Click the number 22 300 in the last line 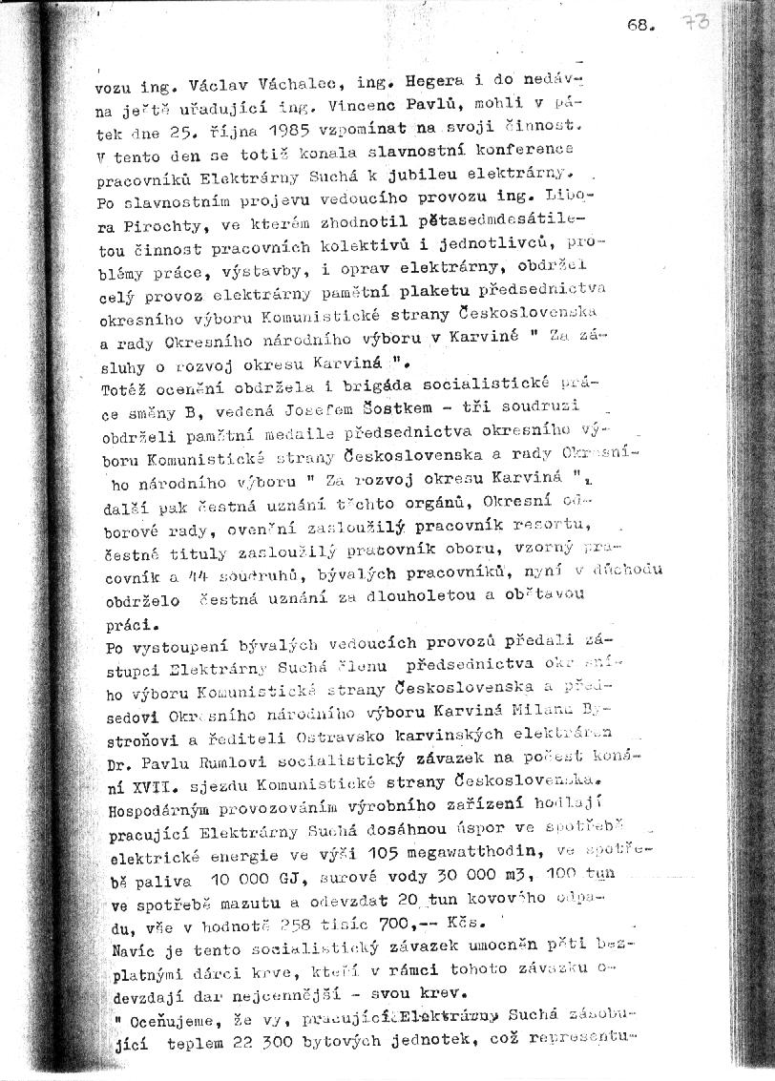tap(243, 1040)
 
